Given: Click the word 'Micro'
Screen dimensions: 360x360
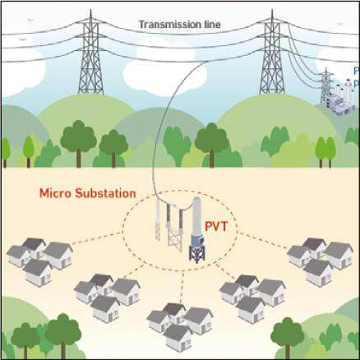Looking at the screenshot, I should click(53, 195).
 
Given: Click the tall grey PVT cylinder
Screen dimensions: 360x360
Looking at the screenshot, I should click(196, 219).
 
